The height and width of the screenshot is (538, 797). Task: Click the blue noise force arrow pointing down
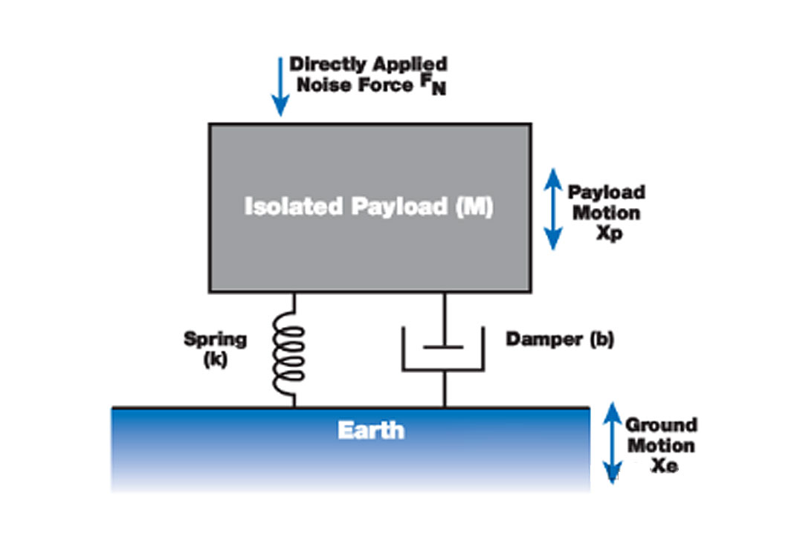280,85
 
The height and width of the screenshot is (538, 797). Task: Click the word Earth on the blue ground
371,430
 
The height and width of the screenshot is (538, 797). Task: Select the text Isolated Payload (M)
369,207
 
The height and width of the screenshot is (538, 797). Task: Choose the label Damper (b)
559,340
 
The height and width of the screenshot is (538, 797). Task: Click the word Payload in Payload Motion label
606,192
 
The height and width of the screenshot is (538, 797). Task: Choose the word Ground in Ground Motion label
661,425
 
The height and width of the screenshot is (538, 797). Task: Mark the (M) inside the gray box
474,207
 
